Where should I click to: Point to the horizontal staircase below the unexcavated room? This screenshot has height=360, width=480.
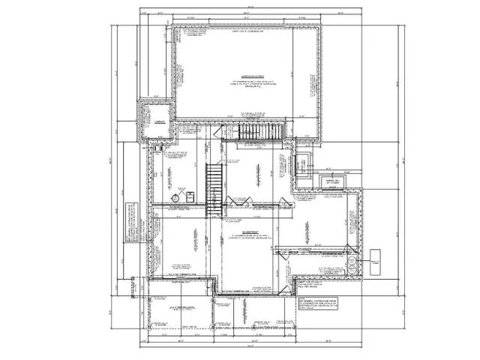coord(259,132)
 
